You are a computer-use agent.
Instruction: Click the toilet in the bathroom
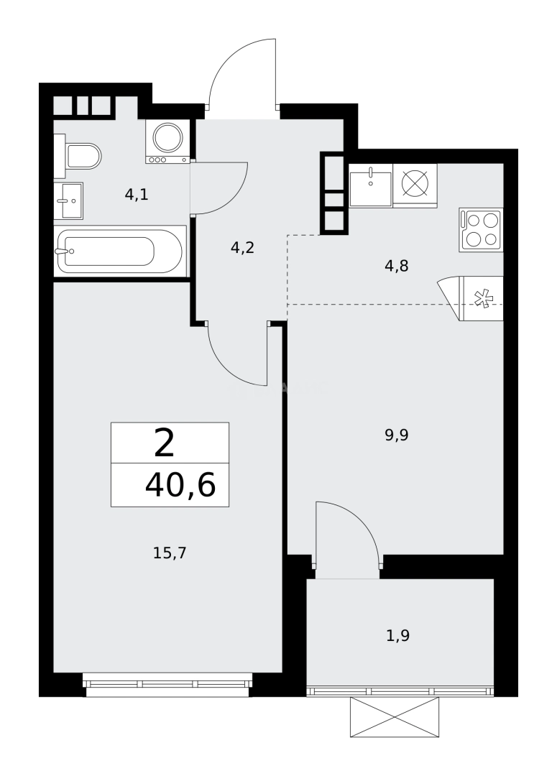point(79,155)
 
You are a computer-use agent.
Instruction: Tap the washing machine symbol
point(168,141)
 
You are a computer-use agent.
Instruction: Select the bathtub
point(119,251)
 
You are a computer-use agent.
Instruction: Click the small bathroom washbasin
point(69,200)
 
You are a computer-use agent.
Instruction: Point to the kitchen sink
point(370,185)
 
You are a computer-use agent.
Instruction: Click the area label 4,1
point(137,194)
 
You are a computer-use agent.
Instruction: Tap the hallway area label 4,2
point(242,248)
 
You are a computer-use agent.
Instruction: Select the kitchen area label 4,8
point(396,266)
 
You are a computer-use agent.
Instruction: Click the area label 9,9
point(396,434)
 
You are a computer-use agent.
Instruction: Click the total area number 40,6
point(180,486)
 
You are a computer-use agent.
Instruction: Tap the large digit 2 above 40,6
point(165,443)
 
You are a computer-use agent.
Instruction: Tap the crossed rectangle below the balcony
point(394,716)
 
